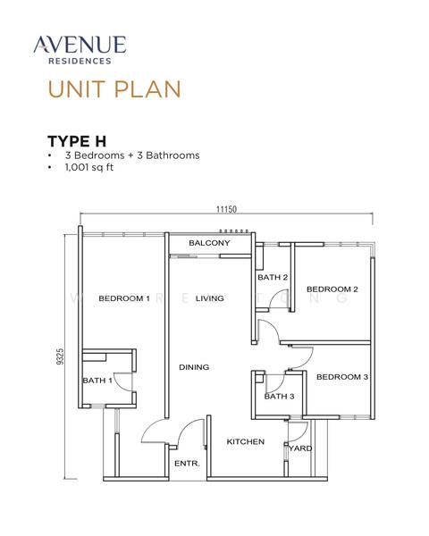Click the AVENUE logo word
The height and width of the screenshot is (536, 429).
pos(79,44)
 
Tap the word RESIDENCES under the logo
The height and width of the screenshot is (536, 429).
pos(79,62)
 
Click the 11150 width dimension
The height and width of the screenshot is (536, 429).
pos(225,209)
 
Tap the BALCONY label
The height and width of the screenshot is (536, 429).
pos(209,243)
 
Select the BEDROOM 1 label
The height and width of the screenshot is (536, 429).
pos(123,298)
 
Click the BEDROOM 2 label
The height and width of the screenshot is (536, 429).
pos(332,289)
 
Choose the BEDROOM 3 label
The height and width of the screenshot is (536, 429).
pos(341,377)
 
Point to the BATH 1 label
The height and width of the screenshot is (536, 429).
pos(97,381)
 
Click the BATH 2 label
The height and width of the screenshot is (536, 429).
pos(272,277)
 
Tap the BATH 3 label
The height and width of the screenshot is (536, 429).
pos(279,396)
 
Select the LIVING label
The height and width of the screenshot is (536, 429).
pos(209,298)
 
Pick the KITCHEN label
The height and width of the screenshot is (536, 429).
pos(244,441)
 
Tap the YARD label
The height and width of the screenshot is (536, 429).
pos(301,448)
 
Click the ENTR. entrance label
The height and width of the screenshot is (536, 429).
pos(186,463)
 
